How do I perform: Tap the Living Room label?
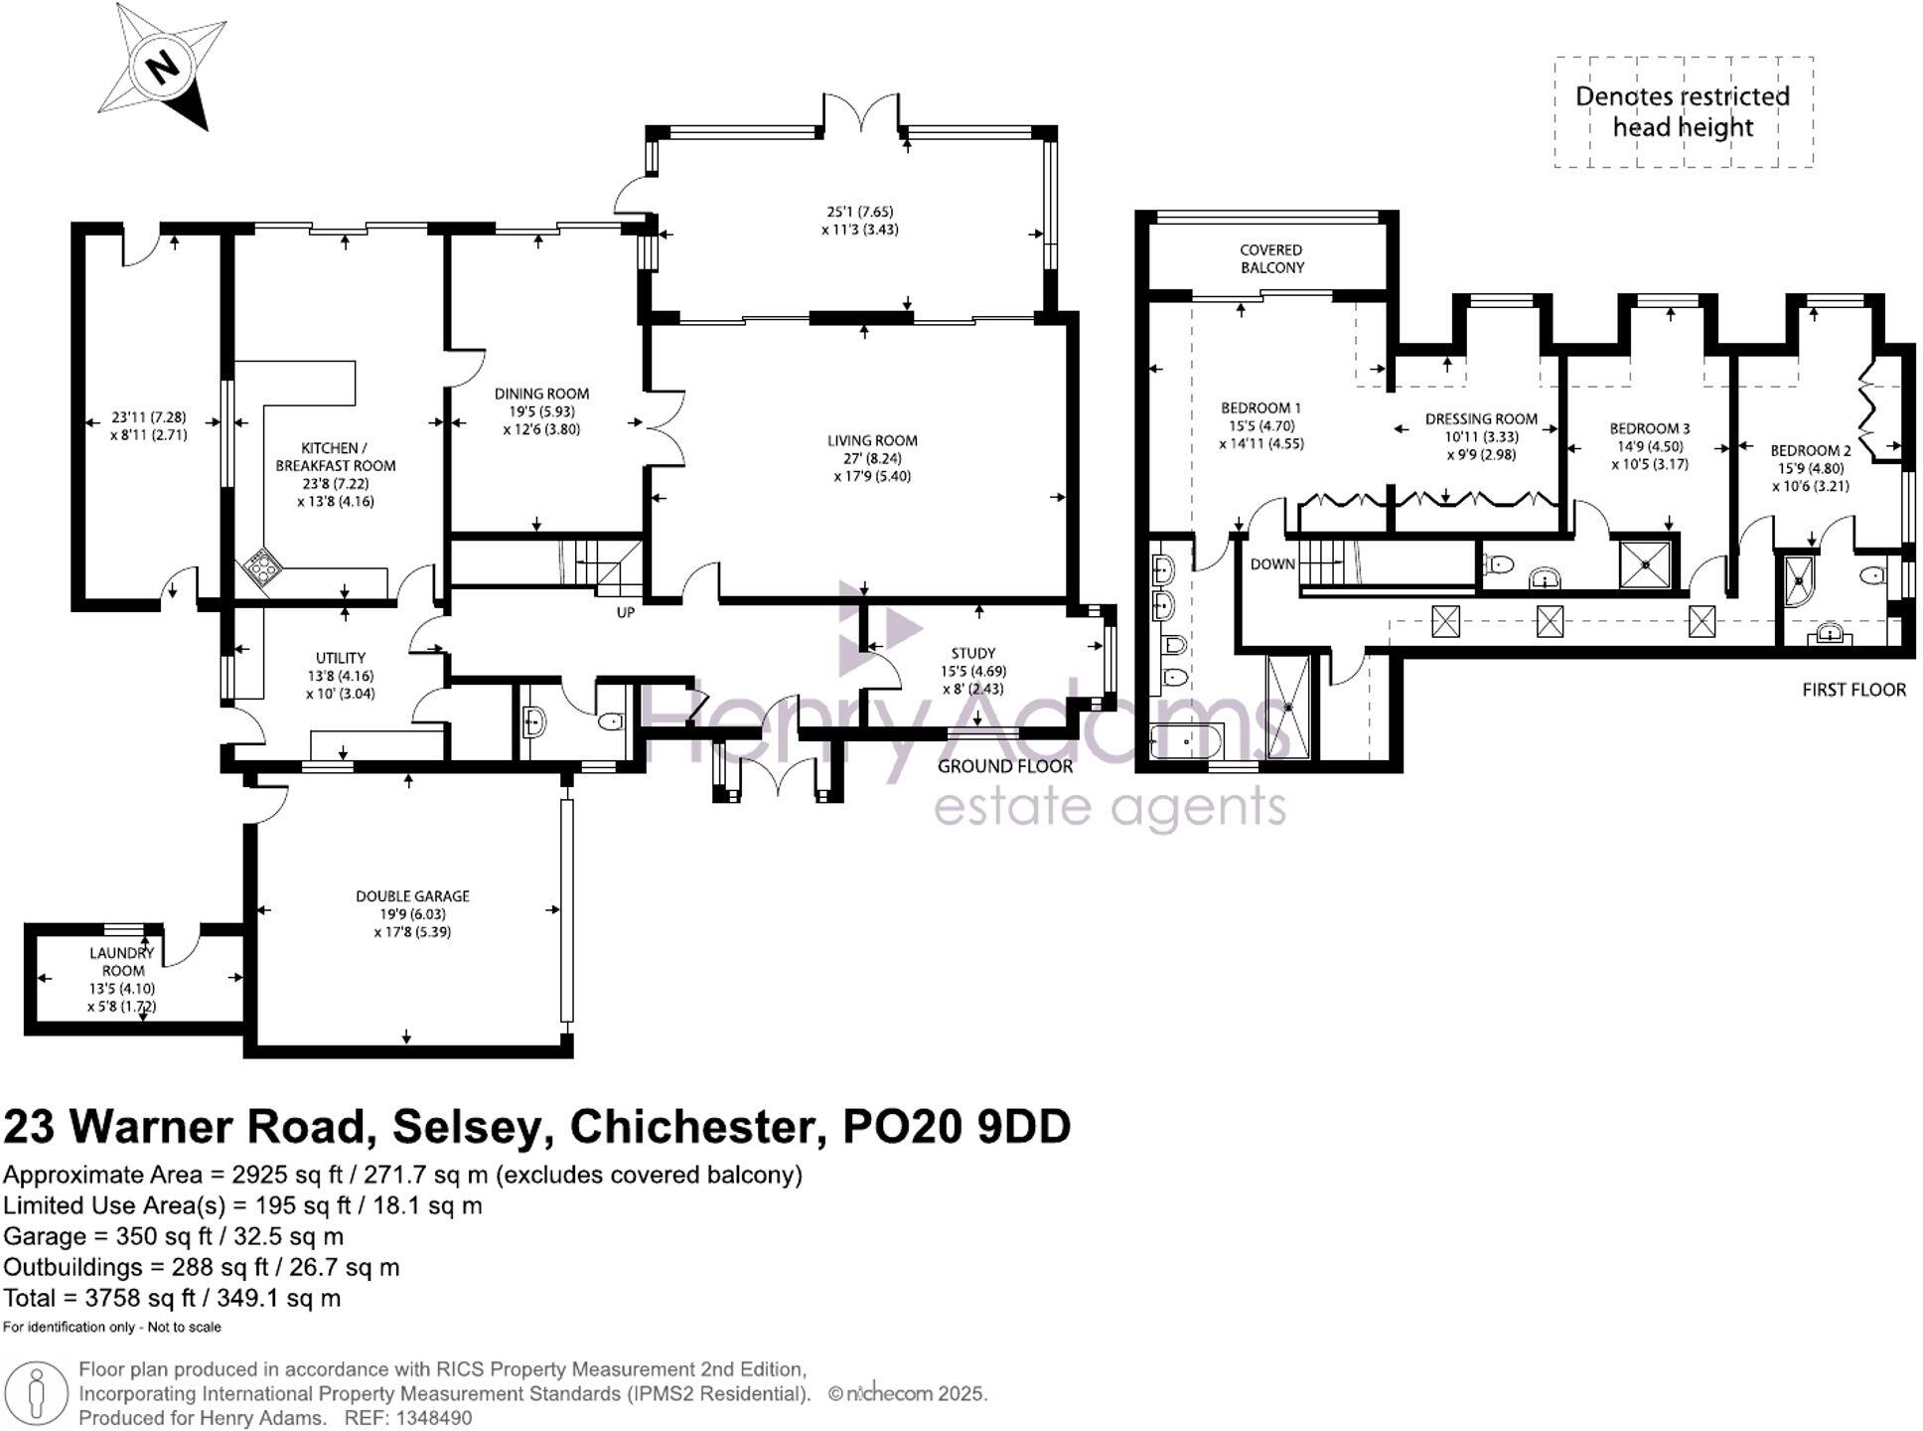point(872,440)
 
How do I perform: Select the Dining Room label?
point(541,394)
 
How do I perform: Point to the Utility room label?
point(341,658)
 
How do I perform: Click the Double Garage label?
point(412,896)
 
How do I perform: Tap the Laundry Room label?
point(123,962)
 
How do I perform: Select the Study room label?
point(972,653)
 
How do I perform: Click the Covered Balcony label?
point(1271,258)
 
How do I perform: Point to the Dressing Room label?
point(1481,419)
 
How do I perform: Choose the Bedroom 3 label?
point(1650,429)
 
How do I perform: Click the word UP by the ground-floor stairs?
point(625,612)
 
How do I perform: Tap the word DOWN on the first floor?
point(1272,564)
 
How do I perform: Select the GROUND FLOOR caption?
point(1005,766)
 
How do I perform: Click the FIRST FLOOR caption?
point(1854,690)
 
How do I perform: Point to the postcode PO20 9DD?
point(957,1127)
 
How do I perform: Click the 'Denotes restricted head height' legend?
point(1683,111)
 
